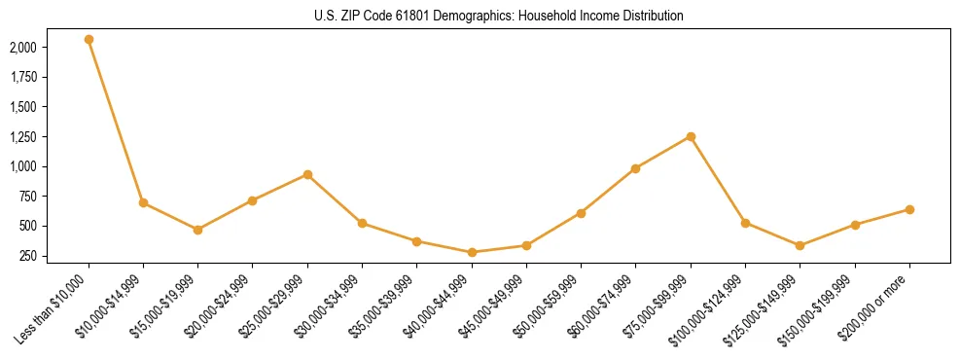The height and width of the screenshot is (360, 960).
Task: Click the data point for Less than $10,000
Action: click(89, 39)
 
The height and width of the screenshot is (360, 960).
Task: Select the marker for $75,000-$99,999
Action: click(691, 136)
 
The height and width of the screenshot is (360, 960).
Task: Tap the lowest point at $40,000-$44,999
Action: click(472, 252)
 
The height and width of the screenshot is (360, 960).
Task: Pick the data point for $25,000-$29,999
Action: click(307, 174)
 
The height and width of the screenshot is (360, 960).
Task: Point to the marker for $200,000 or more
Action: click(909, 209)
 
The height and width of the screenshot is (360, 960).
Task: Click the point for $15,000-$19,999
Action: click(197, 230)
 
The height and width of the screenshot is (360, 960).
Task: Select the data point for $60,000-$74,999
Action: click(635, 168)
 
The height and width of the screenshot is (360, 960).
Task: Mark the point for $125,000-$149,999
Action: click(800, 245)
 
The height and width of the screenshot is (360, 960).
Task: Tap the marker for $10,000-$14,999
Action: click(143, 202)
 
